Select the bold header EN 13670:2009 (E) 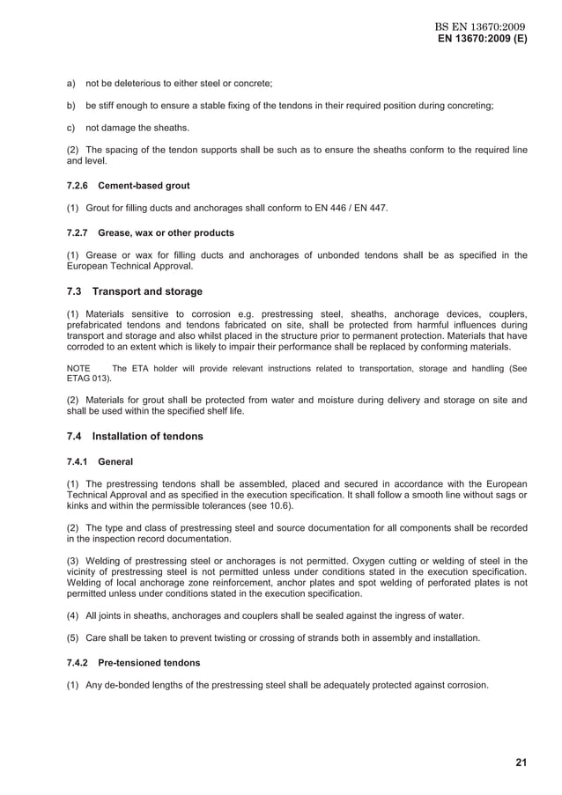pos(483,40)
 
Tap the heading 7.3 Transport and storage pos(135,291)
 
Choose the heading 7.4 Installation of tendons pos(135,436)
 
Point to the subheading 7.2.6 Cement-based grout pos(129,186)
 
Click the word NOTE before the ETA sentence pos(79,368)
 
